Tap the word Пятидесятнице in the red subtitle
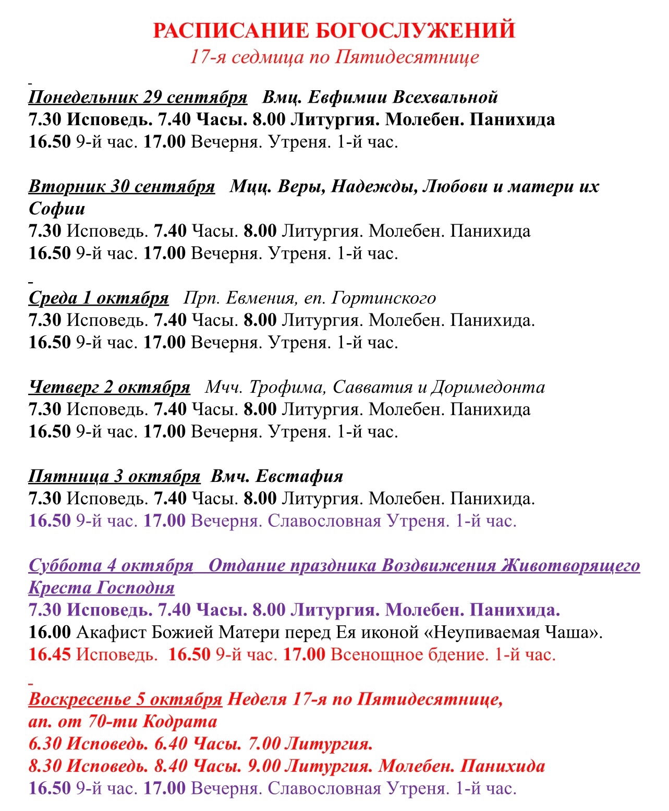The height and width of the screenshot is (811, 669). pos(406,56)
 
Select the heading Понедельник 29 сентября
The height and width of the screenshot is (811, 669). pos(138,97)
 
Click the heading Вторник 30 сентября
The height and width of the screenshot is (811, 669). pos(121,186)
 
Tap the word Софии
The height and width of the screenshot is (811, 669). pos(57,209)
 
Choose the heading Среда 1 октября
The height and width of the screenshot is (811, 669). pos(99,298)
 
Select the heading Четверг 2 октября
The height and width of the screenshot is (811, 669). pos(110,387)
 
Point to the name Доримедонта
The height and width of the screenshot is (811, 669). pos(488,387)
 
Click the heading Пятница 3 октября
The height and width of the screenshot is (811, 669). pos(114,476)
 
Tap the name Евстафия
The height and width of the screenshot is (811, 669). pos(299,476)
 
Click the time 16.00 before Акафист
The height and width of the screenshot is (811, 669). pos(50,632)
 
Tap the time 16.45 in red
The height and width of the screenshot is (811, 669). pos(50,654)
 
